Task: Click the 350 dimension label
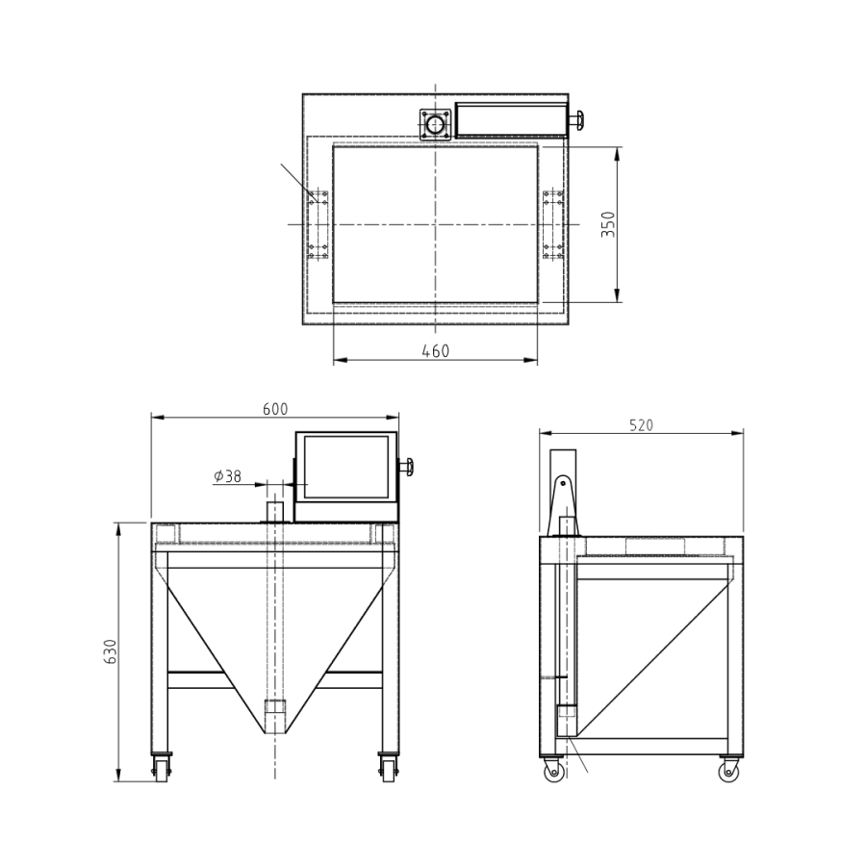pyautogui.click(x=607, y=224)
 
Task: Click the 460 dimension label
pyautogui.click(x=435, y=351)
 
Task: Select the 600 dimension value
pyautogui.click(x=275, y=409)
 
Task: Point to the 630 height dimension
pyautogui.click(x=111, y=651)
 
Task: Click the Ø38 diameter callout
pyautogui.click(x=228, y=475)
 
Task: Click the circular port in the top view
pyautogui.click(x=436, y=125)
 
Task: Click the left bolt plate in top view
pyautogui.click(x=318, y=224)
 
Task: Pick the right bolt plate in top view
pyautogui.click(x=552, y=224)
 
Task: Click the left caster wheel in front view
pyautogui.click(x=159, y=767)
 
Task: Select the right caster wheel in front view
pyautogui.click(x=388, y=767)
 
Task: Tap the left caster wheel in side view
pyautogui.click(x=552, y=771)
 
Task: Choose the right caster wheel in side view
pyautogui.click(x=728, y=771)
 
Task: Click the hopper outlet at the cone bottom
pyautogui.click(x=275, y=718)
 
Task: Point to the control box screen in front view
pyautogui.click(x=346, y=467)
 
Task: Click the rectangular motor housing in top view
pyautogui.click(x=509, y=120)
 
